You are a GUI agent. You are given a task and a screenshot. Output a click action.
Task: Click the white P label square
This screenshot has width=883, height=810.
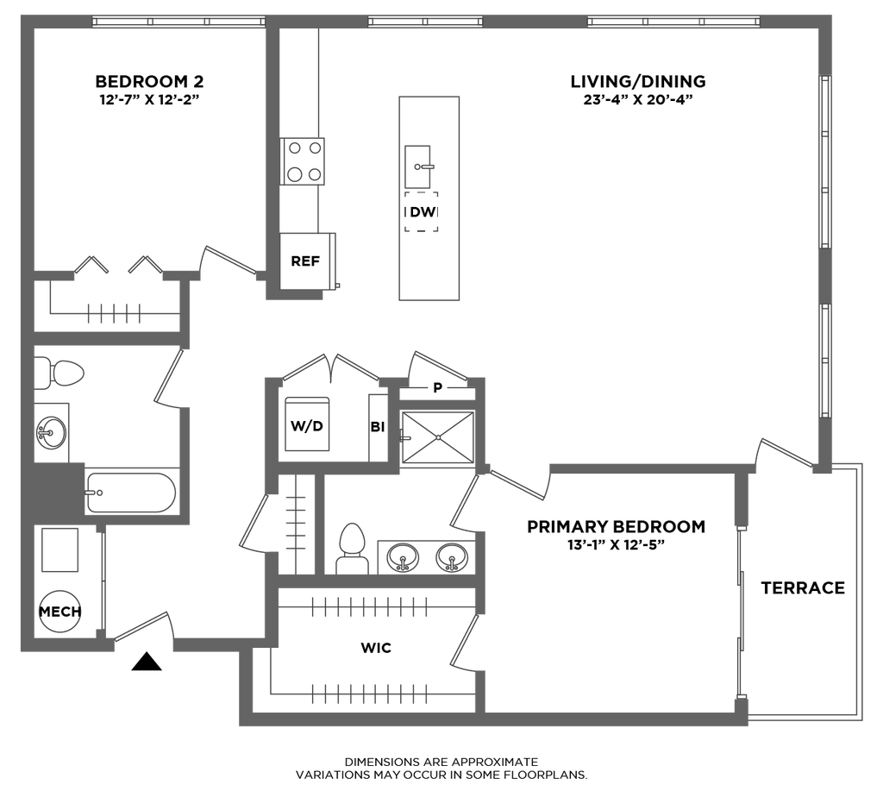tap(437, 389)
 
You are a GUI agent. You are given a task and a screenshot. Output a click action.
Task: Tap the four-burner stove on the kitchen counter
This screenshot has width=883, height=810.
tap(304, 161)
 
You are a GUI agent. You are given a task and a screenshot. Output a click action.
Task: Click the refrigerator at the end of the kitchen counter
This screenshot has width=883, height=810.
tap(308, 259)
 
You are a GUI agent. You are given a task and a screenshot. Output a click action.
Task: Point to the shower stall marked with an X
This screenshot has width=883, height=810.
tap(438, 438)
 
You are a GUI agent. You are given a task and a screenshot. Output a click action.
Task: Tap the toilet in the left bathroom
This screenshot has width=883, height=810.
tap(62, 373)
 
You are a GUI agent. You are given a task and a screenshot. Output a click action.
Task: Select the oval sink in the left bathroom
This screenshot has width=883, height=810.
tap(52, 428)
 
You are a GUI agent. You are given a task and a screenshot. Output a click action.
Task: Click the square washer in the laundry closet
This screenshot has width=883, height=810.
tap(59, 549)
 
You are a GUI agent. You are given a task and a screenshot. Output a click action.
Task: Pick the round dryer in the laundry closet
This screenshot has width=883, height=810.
tap(59, 611)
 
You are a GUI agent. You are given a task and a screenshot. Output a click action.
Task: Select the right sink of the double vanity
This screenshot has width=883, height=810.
tap(450, 557)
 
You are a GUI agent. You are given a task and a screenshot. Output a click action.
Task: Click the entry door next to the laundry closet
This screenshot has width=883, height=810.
tap(143, 625)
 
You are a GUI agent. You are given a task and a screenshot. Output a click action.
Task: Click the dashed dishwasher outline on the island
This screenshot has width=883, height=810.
tap(422, 212)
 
